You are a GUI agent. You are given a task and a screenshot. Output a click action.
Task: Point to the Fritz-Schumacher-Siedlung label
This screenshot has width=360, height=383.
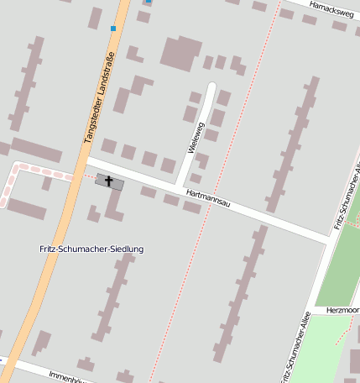coord(91,249)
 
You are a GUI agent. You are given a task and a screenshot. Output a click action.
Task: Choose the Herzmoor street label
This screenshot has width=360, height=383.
coord(343,309)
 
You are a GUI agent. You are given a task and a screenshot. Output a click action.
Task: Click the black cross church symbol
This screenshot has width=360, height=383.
coord(108,181)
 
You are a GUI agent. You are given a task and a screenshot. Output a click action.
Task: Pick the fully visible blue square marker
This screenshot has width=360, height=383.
coord(113,29)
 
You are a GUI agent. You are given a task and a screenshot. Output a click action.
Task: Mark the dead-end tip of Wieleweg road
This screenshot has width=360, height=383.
coord(211,87)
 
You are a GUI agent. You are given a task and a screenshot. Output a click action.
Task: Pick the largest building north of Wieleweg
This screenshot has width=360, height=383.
coord(180,52)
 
